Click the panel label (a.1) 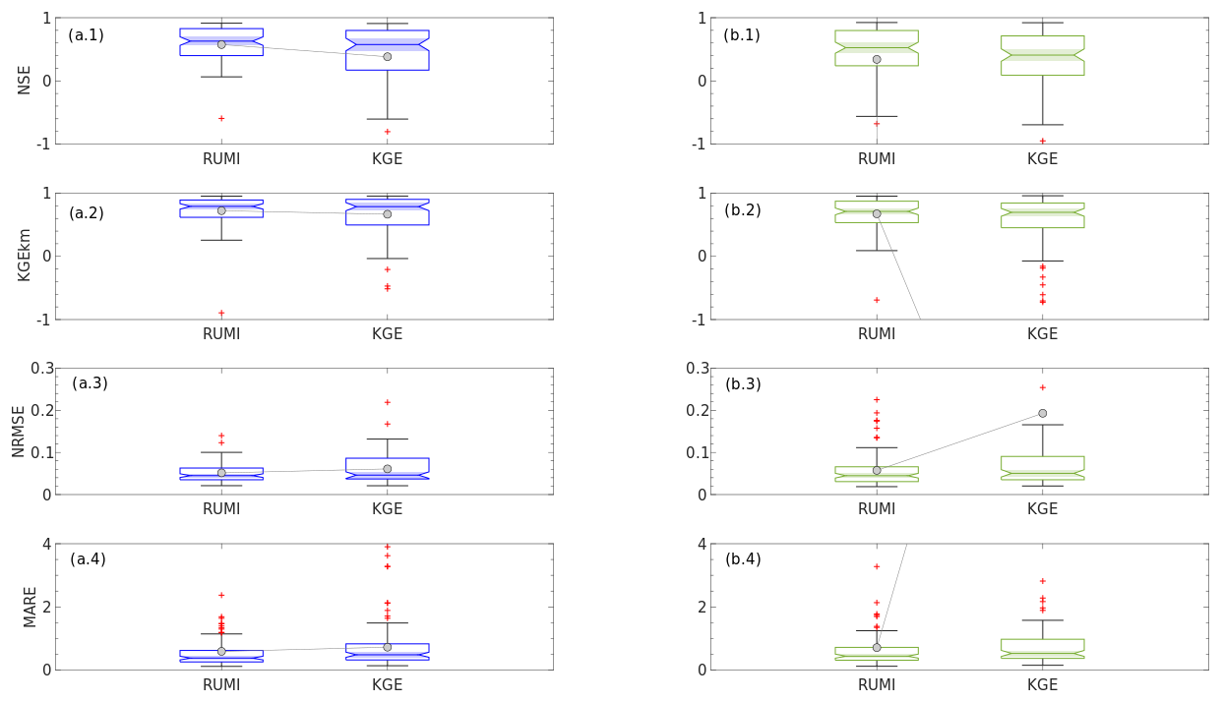86,35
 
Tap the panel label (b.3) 743,384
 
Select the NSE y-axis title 25,80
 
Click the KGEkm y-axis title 25,256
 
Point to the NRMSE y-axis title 18,431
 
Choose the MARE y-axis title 31,607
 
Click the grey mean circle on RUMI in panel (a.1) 221,44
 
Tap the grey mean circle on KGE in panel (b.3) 1043,414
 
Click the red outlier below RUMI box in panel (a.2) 221,313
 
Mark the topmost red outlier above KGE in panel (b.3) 1043,387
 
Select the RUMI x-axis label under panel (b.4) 877,685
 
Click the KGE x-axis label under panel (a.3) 387,509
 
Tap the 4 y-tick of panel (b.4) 702,544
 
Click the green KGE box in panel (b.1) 1043,55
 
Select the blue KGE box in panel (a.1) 387,50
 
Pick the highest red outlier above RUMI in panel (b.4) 877,566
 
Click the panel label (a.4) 88,559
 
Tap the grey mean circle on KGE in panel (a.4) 387,647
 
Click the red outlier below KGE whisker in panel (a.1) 387,132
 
